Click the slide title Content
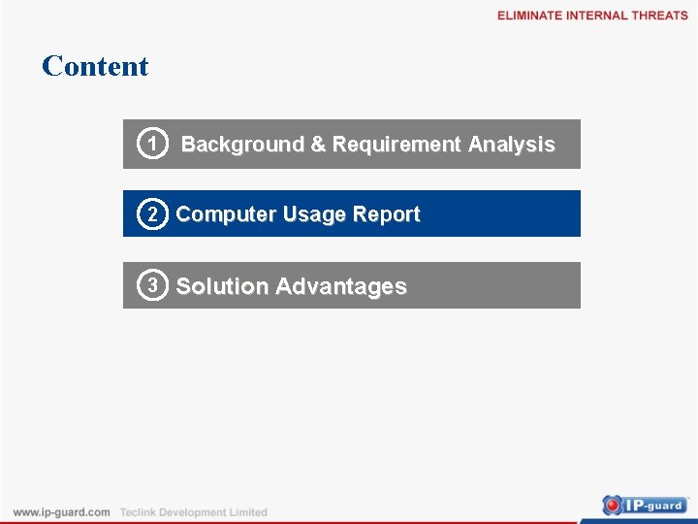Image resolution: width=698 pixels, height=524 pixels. pyautogui.click(x=95, y=66)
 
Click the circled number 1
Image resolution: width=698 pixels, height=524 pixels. pyautogui.click(x=150, y=144)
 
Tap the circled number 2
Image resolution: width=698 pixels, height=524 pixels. pyautogui.click(x=150, y=214)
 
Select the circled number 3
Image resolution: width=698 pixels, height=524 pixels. pyautogui.click(x=150, y=285)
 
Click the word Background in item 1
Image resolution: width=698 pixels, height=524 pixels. pyautogui.click(x=242, y=145)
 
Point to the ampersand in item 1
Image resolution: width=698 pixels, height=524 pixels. pyautogui.click(x=318, y=145)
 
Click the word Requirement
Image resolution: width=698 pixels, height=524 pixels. pyautogui.click(x=397, y=145)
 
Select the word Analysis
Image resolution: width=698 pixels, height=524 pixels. pyautogui.click(x=511, y=145)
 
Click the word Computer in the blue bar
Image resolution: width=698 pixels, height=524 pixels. pyautogui.click(x=226, y=214)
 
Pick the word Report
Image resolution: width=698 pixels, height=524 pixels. pyautogui.click(x=387, y=214)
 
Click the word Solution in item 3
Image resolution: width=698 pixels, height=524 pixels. pyautogui.click(x=222, y=286)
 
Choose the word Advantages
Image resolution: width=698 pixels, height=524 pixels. pyautogui.click(x=340, y=286)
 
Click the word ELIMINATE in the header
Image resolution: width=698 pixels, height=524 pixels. pyautogui.click(x=529, y=16)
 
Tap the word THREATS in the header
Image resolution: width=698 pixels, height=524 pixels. pyautogui.click(x=660, y=16)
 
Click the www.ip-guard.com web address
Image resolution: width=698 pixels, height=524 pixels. pyautogui.click(x=61, y=512)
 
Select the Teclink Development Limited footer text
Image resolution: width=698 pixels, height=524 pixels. pyautogui.click(x=193, y=512)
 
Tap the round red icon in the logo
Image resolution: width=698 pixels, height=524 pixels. pyautogui.click(x=613, y=505)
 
